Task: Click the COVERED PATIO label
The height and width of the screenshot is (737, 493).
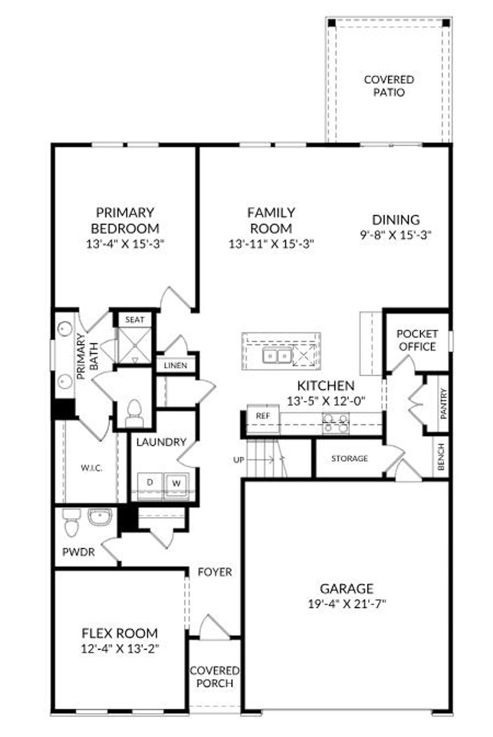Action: pyautogui.click(x=389, y=86)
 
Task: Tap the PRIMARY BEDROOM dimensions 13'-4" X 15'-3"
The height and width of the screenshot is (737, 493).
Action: pyautogui.click(x=126, y=244)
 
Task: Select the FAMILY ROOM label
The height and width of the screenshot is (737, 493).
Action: pyautogui.click(x=271, y=220)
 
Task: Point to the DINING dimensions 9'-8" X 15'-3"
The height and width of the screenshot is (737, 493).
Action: pyautogui.click(x=396, y=235)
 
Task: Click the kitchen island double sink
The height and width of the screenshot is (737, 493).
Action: pyautogui.click(x=276, y=357)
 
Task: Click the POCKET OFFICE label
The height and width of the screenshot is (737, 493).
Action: pyautogui.click(x=417, y=340)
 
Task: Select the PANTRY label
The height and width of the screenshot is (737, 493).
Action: pyautogui.click(x=443, y=403)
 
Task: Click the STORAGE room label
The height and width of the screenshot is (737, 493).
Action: pyautogui.click(x=350, y=459)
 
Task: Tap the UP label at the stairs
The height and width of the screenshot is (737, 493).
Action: pyautogui.click(x=239, y=460)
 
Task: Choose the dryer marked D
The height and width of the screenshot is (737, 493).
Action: pyautogui.click(x=150, y=482)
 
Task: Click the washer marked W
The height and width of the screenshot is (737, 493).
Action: pyautogui.click(x=176, y=483)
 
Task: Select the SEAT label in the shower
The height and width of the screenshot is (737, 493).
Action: pyautogui.click(x=135, y=320)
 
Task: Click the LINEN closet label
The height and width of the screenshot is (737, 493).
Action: pyautogui.click(x=175, y=365)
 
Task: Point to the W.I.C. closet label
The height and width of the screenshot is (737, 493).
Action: pyautogui.click(x=91, y=468)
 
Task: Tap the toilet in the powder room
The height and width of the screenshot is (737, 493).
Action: pyautogui.click(x=71, y=524)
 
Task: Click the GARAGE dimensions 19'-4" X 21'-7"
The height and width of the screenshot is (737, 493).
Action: pyautogui.click(x=347, y=604)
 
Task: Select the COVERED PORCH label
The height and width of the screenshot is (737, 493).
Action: pyautogui.click(x=215, y=677)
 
